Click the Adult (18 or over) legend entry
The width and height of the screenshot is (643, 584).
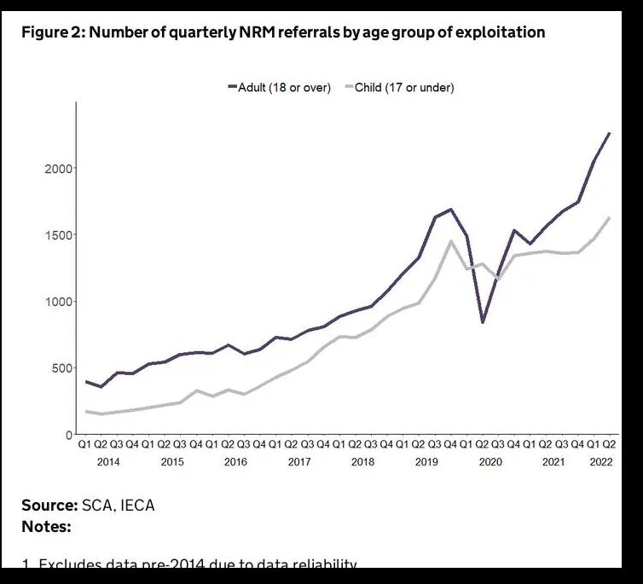tap(284, 88)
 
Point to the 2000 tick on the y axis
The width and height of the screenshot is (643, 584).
tap(60, 169)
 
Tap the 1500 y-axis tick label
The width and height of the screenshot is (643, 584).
tap(60, 235)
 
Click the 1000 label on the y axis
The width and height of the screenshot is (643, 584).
tap(60, 302)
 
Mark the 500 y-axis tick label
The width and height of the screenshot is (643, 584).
tap(63, 368)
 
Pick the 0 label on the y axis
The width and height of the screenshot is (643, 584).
tap(70, 435)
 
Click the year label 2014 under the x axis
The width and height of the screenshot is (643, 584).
tap(108, 462)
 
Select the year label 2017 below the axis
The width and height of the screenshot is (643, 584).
tap(298, 462)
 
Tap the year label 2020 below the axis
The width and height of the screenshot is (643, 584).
tap(489, 462)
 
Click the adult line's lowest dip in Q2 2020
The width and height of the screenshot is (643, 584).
tap(483, 322)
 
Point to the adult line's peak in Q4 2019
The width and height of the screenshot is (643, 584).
tap(451, 209)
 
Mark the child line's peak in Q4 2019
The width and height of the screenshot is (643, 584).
tap(451, 241)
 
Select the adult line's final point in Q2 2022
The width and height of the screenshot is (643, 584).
tap(610, 133)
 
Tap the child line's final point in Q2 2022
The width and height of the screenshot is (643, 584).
tap(610, 217)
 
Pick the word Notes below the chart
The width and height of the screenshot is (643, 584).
tap(46, 527)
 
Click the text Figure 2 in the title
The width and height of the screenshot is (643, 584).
tap(53, 32)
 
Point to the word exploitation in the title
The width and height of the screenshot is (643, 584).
tap(501, 32)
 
